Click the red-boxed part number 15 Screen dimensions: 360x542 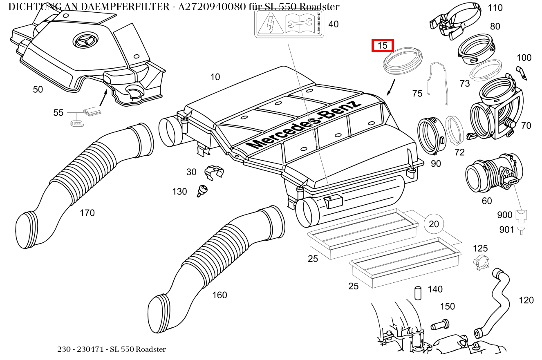pos(382,46)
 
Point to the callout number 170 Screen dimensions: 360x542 pos(87,213)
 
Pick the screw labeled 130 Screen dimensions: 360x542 pos(202,190)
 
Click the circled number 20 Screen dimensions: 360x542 pos(434,224)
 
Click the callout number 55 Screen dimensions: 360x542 pos(58,112)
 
